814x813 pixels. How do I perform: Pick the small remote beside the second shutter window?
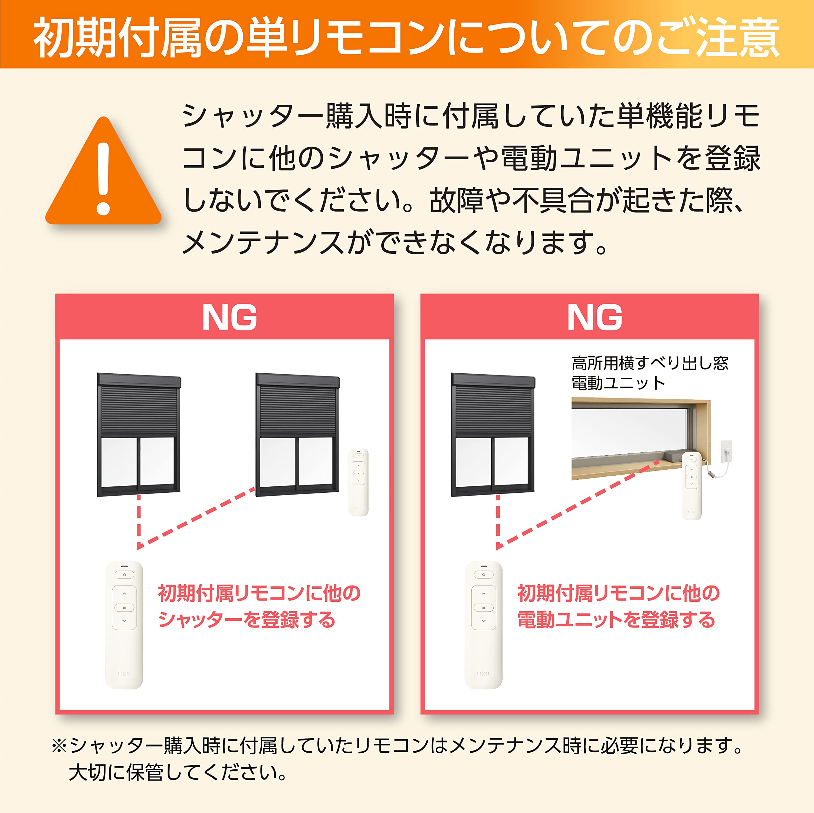(x=359, y=482)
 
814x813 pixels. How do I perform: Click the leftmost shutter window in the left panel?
(x=139, y=435)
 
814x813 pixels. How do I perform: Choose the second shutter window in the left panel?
(x=297, y=435)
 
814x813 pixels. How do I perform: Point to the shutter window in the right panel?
(x=493, y=435)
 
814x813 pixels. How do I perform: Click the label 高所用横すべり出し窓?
(x=650, y=363)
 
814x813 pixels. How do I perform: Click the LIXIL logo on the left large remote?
(x=124, y=674)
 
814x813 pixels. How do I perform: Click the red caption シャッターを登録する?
(x=246, y=620)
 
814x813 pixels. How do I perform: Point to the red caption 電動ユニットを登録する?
(x=616, y=620)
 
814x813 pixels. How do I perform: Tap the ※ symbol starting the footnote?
(x=59, y=746)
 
